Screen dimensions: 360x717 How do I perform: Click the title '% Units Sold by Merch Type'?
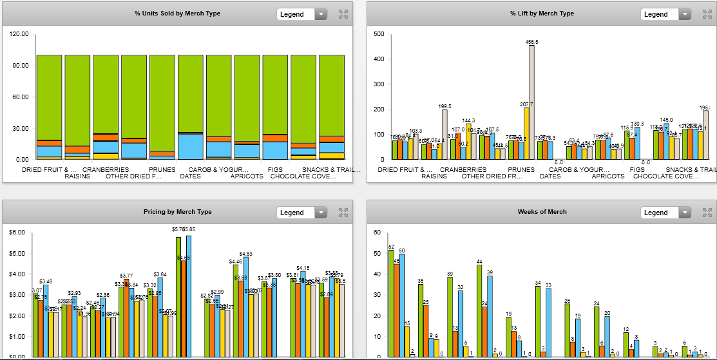(177, 14)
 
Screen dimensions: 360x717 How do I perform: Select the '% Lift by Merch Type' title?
(542, 14)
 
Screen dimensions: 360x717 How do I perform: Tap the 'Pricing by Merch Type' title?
(177, 212)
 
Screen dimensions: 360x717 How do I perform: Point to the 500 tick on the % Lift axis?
(379, 34)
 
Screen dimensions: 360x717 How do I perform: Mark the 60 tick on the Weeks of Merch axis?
(378, 232)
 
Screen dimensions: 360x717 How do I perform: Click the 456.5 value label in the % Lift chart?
(531, 42)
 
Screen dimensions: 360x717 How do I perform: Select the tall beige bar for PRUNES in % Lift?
(531, 103)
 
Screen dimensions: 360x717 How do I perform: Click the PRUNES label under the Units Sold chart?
(162, 170)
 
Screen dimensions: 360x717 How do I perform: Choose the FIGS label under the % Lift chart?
(637, 170)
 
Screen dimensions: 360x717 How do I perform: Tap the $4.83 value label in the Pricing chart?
(246, 254)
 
